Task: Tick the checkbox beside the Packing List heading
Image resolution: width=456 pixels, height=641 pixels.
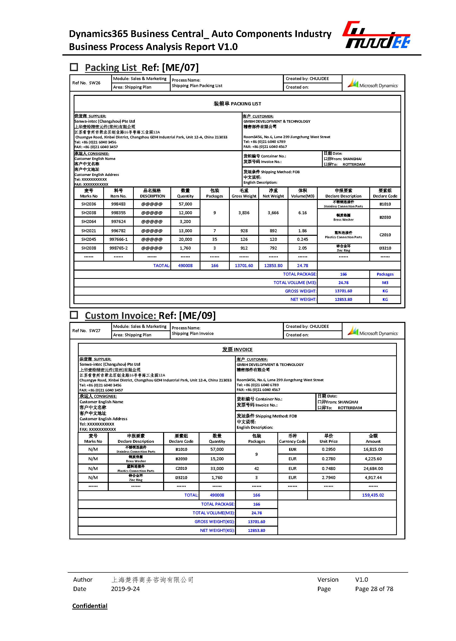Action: pos(74,67)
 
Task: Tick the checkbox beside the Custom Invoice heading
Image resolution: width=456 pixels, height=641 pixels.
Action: pos(74,315)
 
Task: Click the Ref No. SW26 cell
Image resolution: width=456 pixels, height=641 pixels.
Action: pos(86,83)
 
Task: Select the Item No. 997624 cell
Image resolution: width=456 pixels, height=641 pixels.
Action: pos(118,222)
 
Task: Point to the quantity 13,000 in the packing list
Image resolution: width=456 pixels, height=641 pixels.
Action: pos(185,231)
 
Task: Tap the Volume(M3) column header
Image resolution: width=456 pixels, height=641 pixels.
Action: pos(302,193)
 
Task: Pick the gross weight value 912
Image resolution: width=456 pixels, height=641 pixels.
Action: pos(244,248)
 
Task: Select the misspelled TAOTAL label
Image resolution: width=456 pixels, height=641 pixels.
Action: pos(161,266)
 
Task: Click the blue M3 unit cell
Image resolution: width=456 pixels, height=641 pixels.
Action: pos(385,283)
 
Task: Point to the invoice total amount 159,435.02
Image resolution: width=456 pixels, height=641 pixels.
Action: pos(373,495)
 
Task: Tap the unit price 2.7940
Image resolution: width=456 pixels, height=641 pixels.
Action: pos(328,478)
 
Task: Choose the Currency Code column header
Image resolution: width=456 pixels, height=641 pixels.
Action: pos(292,439)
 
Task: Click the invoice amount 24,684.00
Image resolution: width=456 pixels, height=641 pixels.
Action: pos(373,469)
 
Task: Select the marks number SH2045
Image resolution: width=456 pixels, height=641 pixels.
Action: pos(89,239)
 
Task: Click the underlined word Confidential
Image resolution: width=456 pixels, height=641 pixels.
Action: pos(90,606)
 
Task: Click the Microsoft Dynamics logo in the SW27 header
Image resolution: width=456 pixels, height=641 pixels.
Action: pos(373,332)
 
